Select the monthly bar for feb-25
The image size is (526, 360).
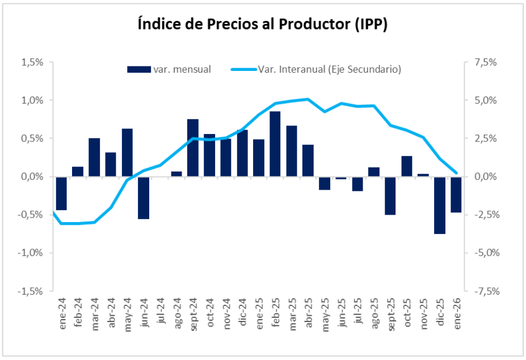click(x=275, y=144)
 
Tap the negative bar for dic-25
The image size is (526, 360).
click(x=440, y=205)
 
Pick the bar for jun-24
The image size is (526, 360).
click(x=144, y=198)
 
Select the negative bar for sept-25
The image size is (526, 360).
click(x=390, y=195)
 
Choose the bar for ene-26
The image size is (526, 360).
click(x=456, y=194)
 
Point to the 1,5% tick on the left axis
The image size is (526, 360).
click(x=32, y=62)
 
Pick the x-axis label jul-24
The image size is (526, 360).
click(x=161, y=311)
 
